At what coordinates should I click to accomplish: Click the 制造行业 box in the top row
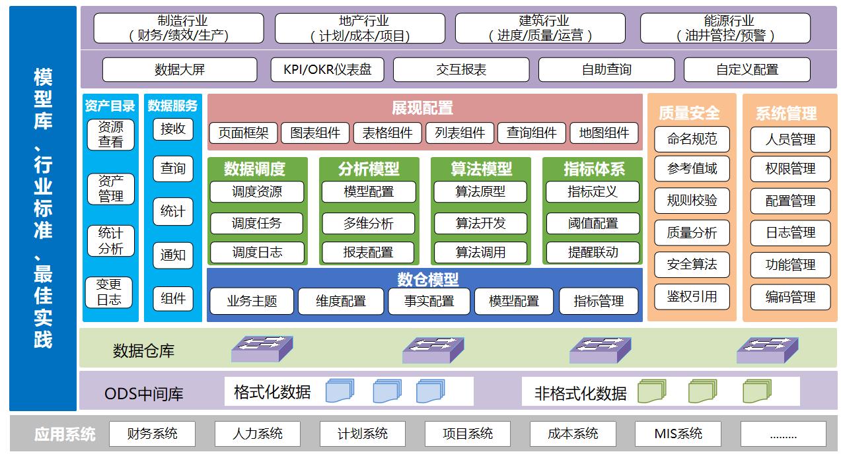178,28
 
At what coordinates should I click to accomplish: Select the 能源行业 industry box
725,28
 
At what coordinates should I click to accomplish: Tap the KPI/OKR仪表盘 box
328,69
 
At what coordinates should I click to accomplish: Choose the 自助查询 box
606,69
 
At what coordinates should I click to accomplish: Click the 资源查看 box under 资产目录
110,134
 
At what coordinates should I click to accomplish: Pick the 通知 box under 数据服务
173,255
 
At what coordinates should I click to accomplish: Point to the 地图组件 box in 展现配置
604,133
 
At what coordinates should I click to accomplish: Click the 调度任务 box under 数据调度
256,223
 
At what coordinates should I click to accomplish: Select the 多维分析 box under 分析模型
368,223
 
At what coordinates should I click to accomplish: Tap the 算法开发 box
480,223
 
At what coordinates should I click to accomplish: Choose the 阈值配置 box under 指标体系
593,223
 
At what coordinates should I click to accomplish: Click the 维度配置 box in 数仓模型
340,301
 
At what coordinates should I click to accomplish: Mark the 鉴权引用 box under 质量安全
692,297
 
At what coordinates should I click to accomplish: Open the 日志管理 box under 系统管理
790,233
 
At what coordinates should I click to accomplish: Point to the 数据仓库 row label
143,350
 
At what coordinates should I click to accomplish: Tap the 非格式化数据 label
580,393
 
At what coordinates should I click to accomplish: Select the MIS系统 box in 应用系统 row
678,434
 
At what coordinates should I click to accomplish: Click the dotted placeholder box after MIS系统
783,434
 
